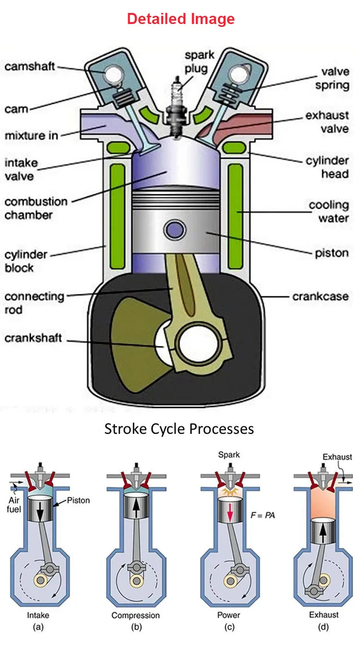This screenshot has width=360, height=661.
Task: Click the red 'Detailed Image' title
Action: point(180,19)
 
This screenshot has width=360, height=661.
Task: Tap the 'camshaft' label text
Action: point(30,67)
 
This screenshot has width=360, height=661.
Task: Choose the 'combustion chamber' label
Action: point(36,208)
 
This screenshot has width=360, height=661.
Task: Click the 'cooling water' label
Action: point(329,212)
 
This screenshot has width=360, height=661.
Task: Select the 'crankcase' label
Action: point(320,296)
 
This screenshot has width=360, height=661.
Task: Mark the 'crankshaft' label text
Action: point(33,338)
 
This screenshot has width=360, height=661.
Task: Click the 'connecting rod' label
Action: point(34,303)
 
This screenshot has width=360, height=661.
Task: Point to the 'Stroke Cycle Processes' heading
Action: point(179,428)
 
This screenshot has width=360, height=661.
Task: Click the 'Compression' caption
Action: point(135,615)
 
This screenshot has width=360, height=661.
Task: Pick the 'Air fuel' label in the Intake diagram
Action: point(14,505)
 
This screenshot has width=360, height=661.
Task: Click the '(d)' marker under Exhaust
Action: point(324,626)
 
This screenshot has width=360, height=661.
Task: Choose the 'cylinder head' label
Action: point(327,167)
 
